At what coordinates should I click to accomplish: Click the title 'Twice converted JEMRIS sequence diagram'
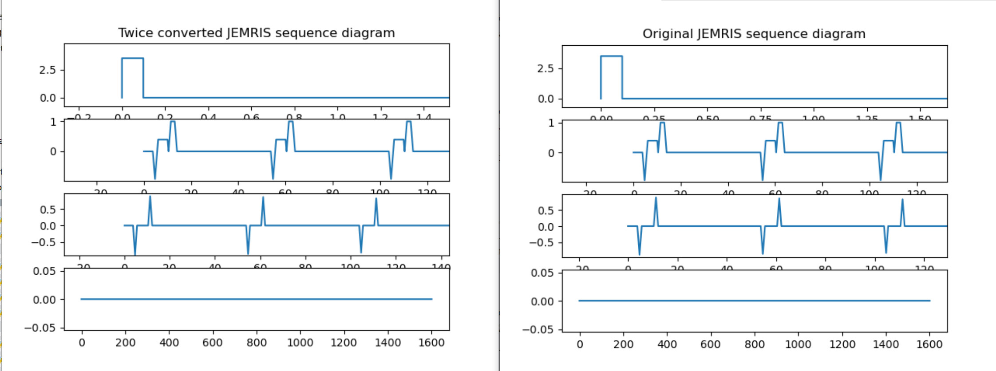point(257,33)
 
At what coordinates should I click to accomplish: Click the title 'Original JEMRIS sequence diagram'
point(754,34)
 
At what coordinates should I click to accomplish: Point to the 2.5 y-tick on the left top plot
point(47,70)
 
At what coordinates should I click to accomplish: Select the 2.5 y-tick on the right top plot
point(545,69)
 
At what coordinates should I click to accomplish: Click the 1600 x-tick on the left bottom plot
point(431,343)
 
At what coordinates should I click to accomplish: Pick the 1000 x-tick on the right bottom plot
point(798,344)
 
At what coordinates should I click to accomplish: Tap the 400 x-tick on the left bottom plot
point(169,343)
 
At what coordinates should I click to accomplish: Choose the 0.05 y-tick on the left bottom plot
point(44,271)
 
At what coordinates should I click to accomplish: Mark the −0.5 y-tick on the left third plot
point(43,242)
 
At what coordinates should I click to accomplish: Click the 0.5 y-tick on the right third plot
point(545,210)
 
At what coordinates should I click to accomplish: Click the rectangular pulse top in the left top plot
point(132,58)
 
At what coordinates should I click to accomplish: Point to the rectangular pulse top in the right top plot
point(611,56)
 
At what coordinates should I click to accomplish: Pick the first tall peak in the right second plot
point(662,123)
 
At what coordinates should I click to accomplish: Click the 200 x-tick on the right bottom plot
point(623,344)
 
